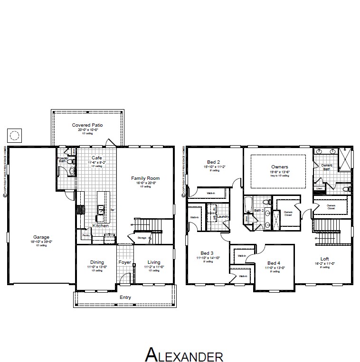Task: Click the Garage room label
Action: (41, 237)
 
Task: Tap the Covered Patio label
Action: (87, 125)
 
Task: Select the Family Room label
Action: (145, 178)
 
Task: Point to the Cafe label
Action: (97, 158)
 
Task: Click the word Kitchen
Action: (100, 226)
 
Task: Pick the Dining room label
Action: (97, 262)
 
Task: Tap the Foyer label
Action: (124, 262)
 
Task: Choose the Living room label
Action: (154, 262)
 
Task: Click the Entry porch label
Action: (125, 297)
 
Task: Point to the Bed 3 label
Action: (207, 253)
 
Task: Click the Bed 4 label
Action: (273, 263)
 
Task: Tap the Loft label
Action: (324, 259)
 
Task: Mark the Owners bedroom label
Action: (279, 167)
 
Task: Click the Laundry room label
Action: (224, 216)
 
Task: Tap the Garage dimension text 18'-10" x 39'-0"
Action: (41, 242)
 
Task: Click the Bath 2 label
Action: (259, 210)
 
